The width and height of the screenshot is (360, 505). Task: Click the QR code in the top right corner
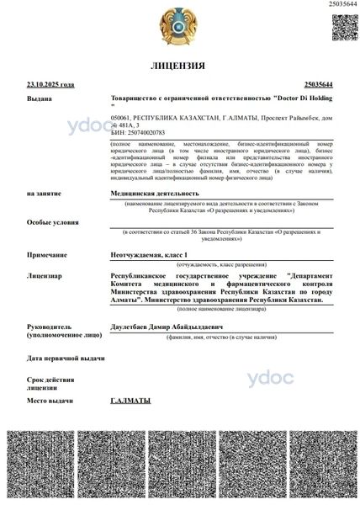tap(342, 27)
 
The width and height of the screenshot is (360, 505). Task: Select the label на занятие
tap(44, 194)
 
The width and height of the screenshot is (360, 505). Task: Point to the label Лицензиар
tap(45, 274)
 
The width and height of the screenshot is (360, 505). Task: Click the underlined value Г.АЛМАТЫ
tap(130, 400)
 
